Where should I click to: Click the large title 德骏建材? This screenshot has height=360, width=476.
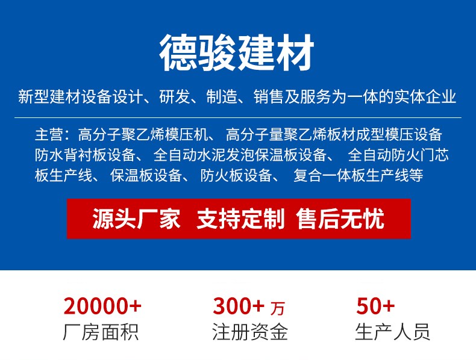236,53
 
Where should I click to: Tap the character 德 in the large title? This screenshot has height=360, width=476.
178,53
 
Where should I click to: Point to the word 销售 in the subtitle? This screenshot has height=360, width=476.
269,97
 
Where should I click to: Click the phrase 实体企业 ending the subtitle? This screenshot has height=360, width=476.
425,97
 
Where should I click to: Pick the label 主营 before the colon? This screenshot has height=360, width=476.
49,135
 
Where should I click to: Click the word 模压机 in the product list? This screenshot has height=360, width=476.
186,135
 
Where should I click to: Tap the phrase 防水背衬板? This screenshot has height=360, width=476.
70,155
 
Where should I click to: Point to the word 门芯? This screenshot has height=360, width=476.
434,155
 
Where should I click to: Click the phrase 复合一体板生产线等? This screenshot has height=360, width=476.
359,175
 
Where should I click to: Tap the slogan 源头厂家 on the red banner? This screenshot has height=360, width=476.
136,219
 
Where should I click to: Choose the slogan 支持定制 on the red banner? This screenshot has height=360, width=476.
240,219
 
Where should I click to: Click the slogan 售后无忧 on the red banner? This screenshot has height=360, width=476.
340,219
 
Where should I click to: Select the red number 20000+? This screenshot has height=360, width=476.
102,306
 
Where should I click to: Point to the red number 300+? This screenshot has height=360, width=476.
239,306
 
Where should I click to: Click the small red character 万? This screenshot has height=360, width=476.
278,308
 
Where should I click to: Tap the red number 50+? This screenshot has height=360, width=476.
375,306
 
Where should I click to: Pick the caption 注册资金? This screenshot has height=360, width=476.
250,332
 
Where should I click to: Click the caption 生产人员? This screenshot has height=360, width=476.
392,332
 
